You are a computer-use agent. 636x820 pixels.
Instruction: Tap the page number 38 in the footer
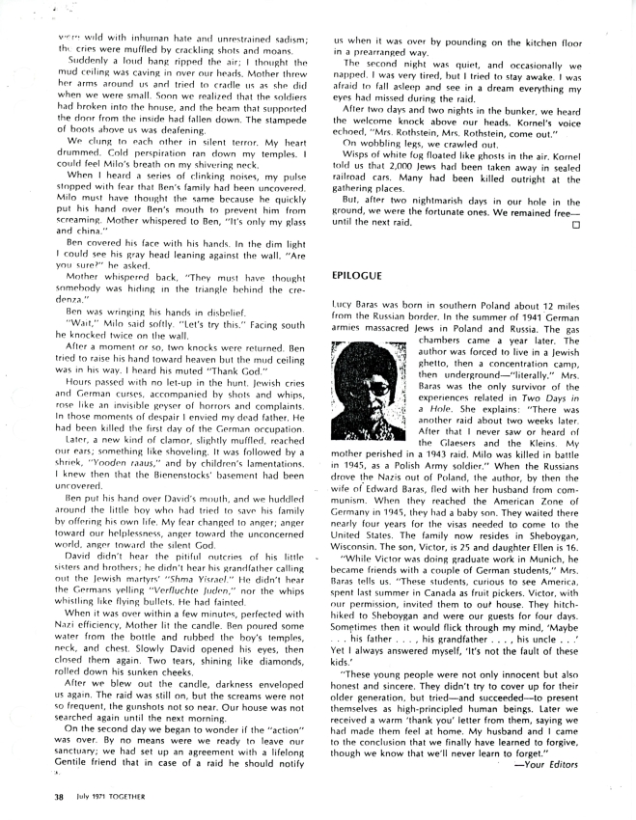[x=60, y=797]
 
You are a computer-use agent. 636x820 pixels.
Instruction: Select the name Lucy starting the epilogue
[x=343, y=304]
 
